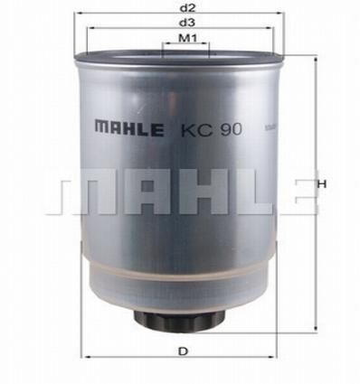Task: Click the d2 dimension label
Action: pyautogui.click(x=187, y=8)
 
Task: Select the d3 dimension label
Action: pyautogui.click(x=187, y=22)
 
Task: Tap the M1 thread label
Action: pyautogui.click(x=187, y=38)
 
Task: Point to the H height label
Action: pyautogui.click(x=322, y=184)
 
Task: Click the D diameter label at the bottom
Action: pyautogui.click(x=183, y=351)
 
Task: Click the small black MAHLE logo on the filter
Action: pyautogui.click(x=129, y=127)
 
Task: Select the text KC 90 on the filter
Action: pyautogui.click(x=211, y=130)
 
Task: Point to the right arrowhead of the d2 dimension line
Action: pyautogui.click(x=280, y=13)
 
